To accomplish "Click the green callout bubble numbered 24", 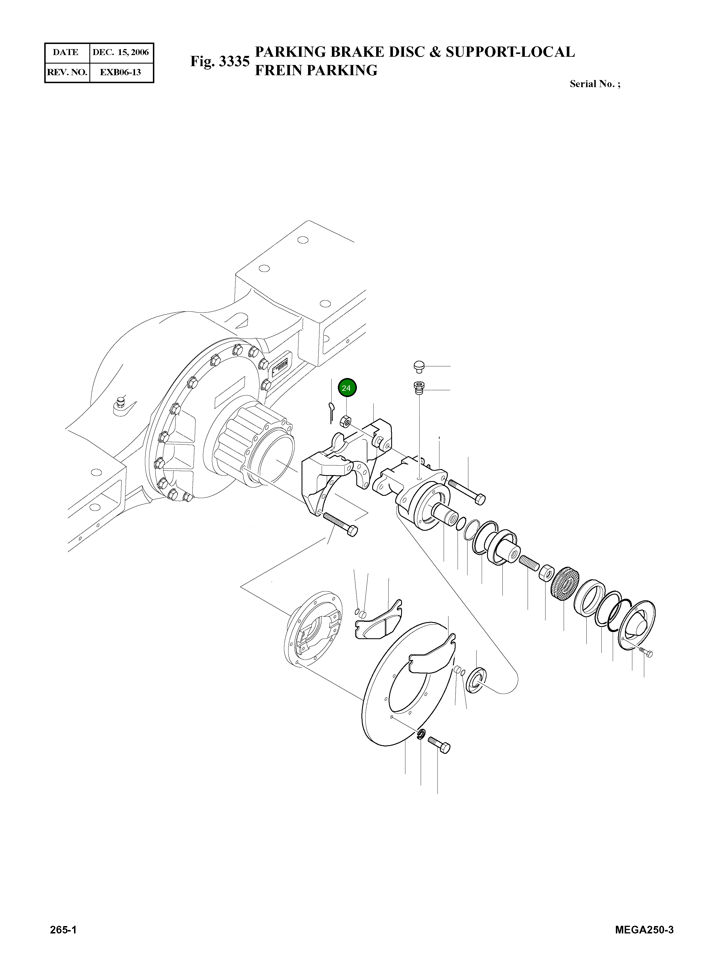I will click(x=347, y=388).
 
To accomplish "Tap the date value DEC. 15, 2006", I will click(x=121, y=53).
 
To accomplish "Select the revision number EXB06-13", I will click(x=121, y=72).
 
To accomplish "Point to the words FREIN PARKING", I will click(x=316, y=70).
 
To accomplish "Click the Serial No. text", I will click(x=594, y=84).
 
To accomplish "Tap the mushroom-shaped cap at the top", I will click(x=417, y=366).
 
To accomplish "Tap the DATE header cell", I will click(x=66, y=53).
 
